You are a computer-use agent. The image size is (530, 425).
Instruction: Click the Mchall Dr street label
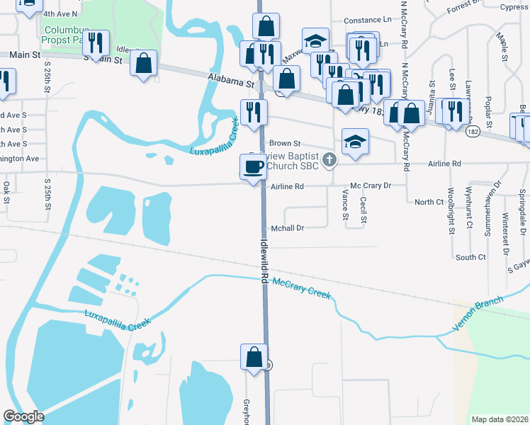(287, 228)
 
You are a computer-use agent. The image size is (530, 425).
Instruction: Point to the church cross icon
(329, 161)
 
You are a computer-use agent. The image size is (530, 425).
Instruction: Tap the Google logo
(23, 416)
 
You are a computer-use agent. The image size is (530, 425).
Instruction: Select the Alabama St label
(230, 81)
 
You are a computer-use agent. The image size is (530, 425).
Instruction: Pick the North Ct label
(429, 202)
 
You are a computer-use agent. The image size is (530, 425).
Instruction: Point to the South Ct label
(471, 257)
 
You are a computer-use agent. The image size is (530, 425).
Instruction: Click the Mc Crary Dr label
(371, 186)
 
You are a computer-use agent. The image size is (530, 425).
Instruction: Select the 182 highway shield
(472, 132)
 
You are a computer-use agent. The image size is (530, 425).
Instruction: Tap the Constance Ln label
(368, 21)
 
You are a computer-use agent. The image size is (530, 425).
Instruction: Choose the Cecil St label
(363, 210)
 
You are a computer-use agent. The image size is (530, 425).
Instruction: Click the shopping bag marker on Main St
(144, 62)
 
